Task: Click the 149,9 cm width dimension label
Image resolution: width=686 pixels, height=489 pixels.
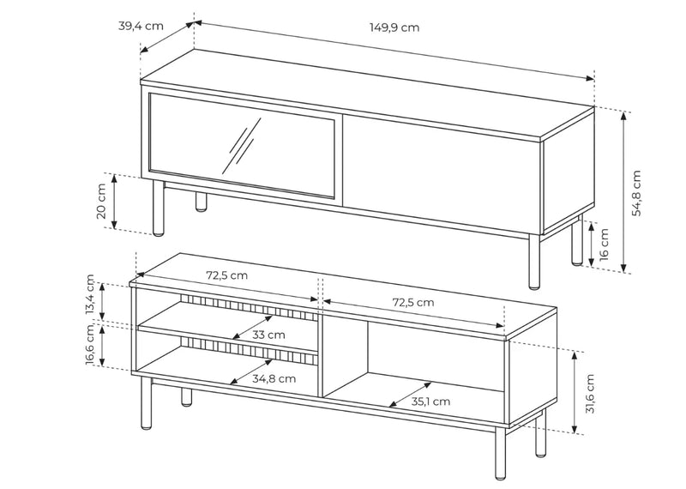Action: click(x=394, y=27)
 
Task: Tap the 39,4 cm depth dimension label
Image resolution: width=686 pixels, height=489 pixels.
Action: click(x=141, y=26)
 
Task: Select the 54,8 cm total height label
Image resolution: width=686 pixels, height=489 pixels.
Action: click(x=636, y=193)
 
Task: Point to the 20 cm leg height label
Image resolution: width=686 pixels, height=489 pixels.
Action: click(x=100, y=201)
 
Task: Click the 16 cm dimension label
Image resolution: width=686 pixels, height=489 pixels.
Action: click(x=604, y=244)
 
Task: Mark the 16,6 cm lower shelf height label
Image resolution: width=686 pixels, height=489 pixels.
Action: click(x=90, y=344)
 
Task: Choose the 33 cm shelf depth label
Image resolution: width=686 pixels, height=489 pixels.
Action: click(x=268, y=335)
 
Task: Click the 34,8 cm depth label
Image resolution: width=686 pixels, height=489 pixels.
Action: click(x=274, y=378)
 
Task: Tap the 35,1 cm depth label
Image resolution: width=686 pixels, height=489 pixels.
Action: click(x=430, y=401)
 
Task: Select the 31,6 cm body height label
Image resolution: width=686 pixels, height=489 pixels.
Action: click(x=590, y=394)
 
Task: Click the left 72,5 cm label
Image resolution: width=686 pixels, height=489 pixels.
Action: click(x=226, y=275)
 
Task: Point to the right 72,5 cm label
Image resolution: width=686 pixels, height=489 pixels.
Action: click(x=413, y=303)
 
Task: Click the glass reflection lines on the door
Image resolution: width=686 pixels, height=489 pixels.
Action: click(x=242, y=145)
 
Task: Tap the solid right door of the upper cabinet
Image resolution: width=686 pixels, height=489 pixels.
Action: click(x=442, y=168)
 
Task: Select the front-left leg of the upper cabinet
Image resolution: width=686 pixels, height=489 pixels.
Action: click(x=159, y=208)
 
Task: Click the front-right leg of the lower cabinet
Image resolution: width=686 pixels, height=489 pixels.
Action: click(x=500, y=454)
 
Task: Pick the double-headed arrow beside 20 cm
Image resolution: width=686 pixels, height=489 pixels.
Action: click(x=115, y=202)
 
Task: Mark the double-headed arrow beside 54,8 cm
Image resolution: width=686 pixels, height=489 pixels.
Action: click(x=624, y=192)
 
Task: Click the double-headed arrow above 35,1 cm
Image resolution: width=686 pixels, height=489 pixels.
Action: click(x=411, y=395)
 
